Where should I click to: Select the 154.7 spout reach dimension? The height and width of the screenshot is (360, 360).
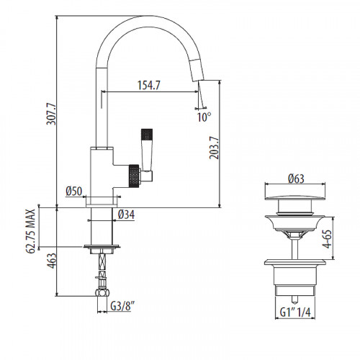tap(148, 85)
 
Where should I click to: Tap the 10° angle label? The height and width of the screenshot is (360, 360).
tap(204, 116)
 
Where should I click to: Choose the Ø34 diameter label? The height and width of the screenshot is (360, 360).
tap(127, 214)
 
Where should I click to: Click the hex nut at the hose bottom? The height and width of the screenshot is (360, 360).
tap(101, 293)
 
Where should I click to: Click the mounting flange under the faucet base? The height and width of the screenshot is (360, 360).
tap(101, 247)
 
